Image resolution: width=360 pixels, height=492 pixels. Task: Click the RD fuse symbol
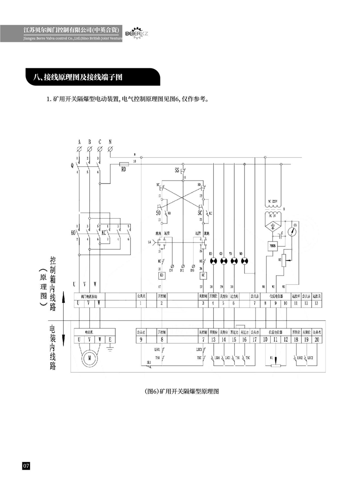(x=123, y=164)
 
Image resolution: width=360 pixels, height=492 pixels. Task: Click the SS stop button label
(x=177, y=170)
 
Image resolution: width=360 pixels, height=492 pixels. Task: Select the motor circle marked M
(x=90, y=358)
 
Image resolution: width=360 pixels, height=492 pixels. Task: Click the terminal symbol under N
(x=110, y=149)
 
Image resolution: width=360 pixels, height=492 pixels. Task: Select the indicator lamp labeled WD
(x=245, y=261)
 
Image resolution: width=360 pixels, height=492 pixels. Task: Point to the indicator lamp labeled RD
(x=212, y=261)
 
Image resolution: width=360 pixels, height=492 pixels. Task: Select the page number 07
(x=26, y=466)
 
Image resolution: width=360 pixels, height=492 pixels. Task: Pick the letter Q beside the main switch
(x=72, y=166)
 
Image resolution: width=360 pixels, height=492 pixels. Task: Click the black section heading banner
(x=91, y=77)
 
